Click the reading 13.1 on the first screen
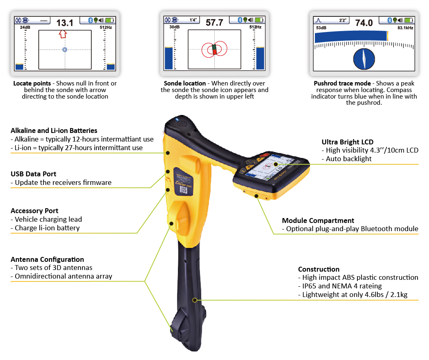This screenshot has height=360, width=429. tap(65, 23)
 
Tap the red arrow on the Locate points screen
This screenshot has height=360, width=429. tap(63, 34)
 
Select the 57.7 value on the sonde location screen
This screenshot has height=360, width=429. tap(214, 22)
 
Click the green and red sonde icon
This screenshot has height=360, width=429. tap(214, 49)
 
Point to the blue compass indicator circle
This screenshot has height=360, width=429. tap(364, 59)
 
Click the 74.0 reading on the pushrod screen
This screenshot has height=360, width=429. tap(364, 23)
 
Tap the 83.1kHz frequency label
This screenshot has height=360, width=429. tap(405, 28)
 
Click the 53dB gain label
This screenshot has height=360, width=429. tap(321, 28)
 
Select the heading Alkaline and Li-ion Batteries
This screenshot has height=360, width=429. tap(54, 130)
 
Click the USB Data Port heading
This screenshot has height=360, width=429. tap(34, 174)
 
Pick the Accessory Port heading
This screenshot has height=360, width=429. tap(34, 211)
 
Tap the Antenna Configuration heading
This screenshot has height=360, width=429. tap(47, 259)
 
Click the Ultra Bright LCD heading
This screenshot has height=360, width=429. tap(348, 142)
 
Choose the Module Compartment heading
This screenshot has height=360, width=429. tap(318, 220)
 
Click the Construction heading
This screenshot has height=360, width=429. tap(319, 269)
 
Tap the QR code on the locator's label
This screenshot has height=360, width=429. tap(183, 190)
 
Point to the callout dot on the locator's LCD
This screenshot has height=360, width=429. tap(276, 164)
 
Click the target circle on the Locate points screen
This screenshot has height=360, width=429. tap(65, 49)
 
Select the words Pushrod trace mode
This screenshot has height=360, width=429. tap(342, 83)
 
